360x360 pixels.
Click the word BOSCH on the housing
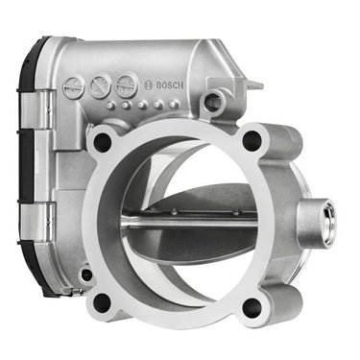(170, 85)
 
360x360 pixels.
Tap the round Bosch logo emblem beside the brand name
(148, 85)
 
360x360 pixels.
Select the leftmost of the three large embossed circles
(74, 86)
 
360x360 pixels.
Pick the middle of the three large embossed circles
(100, 85)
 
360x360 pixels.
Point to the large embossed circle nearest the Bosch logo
(127, 85)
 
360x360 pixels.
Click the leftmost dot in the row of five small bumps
(110, 106)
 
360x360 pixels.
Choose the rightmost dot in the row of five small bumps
(174, 104)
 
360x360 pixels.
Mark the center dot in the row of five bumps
(142, 105)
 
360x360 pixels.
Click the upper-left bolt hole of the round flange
(102, 141)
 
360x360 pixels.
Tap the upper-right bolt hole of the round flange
(252, 140)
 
